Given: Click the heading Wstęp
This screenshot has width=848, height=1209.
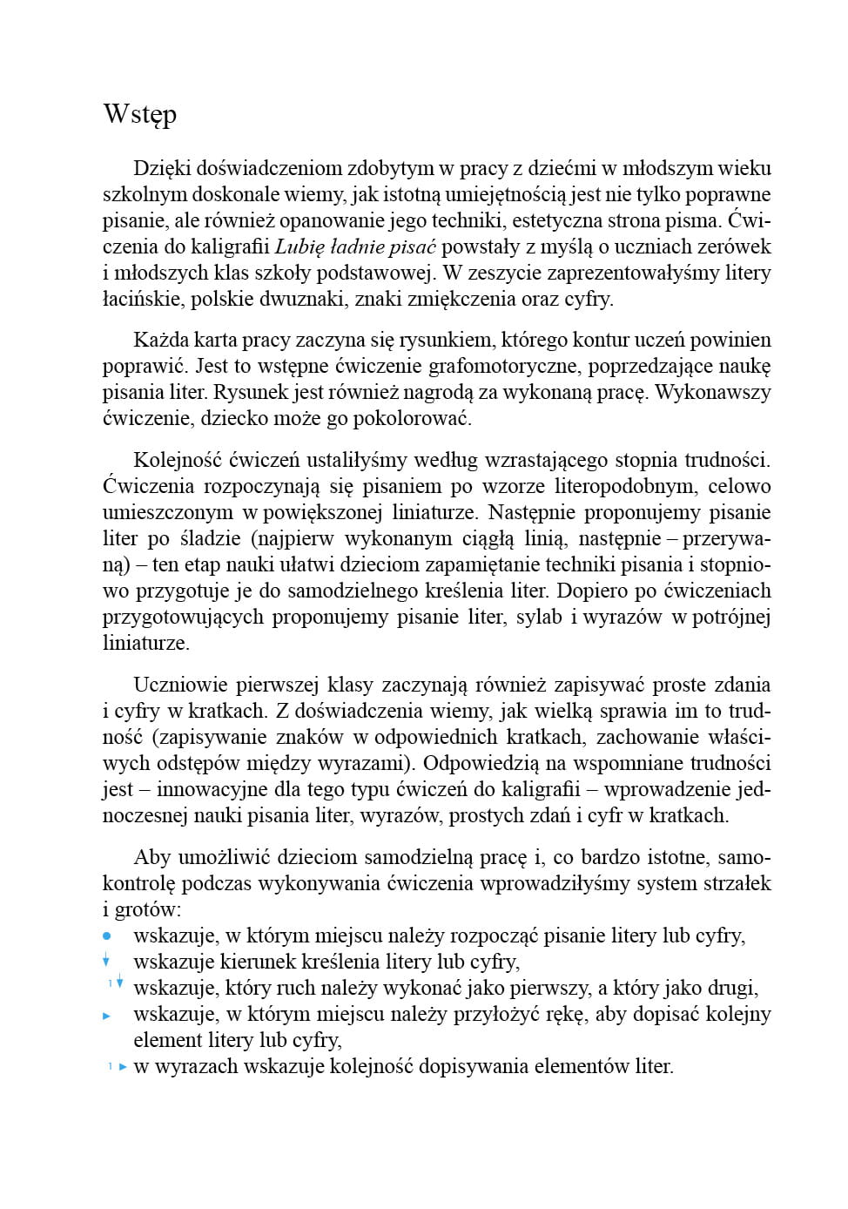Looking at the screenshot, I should pos(140,115).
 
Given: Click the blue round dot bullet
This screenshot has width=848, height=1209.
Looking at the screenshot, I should pos(107,936).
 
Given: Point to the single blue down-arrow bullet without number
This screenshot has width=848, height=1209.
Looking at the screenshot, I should pos(106,961).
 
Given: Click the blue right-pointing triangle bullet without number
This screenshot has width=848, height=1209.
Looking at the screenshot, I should pos(107,1016).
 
